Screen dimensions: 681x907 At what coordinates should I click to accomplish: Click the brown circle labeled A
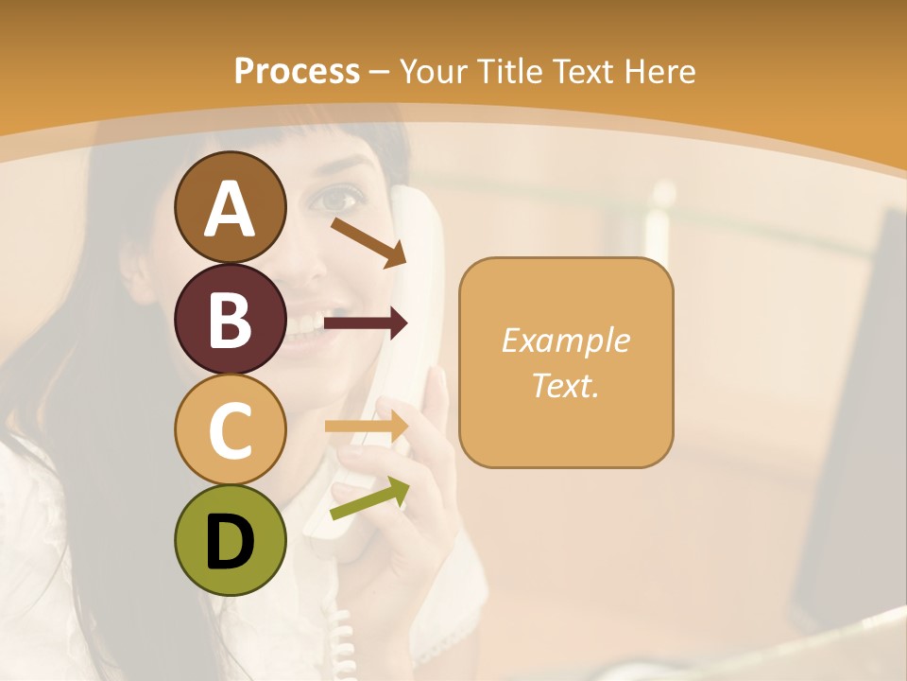point(230,207)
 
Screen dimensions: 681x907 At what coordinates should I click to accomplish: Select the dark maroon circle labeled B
point(230,319)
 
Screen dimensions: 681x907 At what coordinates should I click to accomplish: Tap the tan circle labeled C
point(230,429)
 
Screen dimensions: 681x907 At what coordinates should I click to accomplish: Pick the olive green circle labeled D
point(230,540)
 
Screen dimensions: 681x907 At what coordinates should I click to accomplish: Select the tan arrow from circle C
point(367,427)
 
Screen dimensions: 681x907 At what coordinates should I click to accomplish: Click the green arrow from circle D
point(369,499)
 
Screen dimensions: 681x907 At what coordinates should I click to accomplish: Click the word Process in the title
point(297,71)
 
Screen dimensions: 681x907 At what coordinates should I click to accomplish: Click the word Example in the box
point(565,340)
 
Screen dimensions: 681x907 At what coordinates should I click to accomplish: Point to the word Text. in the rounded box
point(565,385)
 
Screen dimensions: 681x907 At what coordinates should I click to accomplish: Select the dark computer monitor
point(855,426)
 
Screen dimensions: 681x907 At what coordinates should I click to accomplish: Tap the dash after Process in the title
point(379,72)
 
